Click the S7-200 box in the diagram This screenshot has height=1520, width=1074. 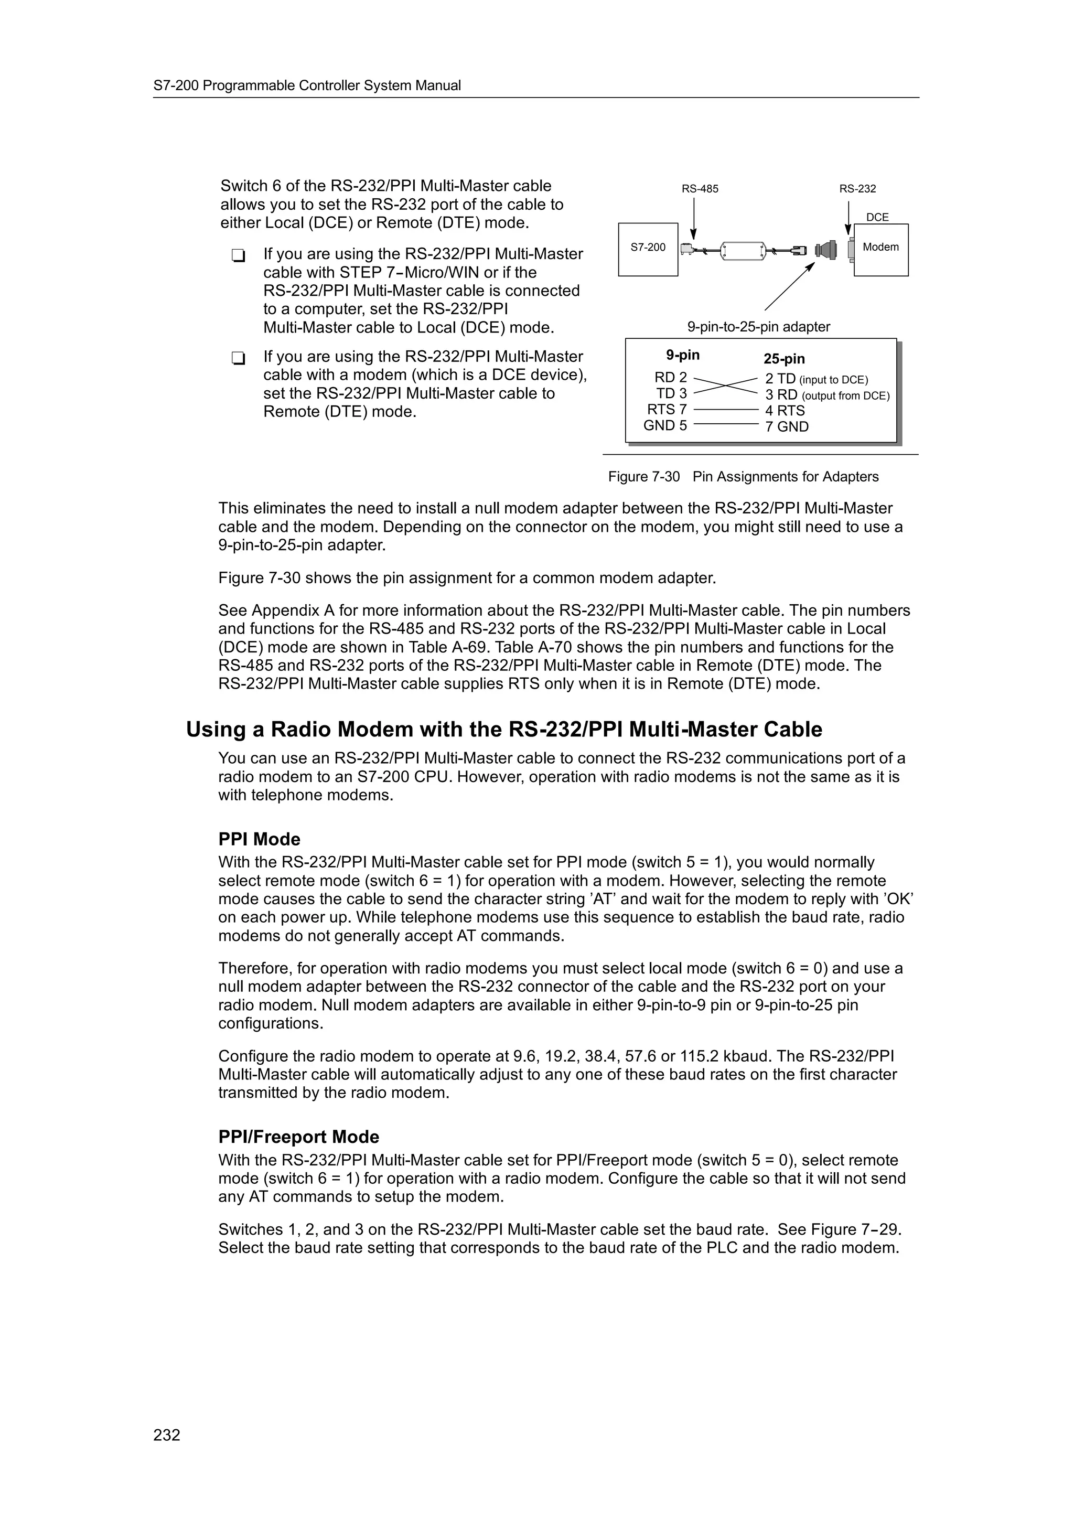tap(647, 249)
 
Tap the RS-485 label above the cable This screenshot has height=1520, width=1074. tap(700, 189)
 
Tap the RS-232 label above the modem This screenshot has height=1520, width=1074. tap(857, 189)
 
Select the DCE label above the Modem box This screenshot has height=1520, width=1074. tap(877, 217)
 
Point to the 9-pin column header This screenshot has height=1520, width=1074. tap(682, 355)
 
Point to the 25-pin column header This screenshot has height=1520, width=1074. tap(783, 359)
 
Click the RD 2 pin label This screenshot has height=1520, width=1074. tap(670, 377)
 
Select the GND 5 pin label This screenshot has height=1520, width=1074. tap(665, 426)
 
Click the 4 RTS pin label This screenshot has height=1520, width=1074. tap(785, 411)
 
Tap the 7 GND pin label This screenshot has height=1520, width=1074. tap(787, 427)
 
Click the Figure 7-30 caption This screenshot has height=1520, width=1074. tap(743, 477)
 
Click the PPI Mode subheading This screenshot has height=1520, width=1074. tap(260, 839)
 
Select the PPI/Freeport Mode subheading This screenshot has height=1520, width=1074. tap(298, 1137)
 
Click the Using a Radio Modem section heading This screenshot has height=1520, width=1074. tap(503, 730)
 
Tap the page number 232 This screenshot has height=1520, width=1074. tap(167, 1435)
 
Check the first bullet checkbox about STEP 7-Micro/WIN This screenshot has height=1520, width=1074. tap(238, 255)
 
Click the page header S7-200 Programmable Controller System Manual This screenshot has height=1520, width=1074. tap(307, 85)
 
